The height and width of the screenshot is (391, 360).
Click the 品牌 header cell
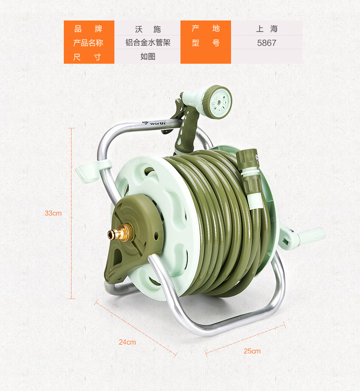[89, 28]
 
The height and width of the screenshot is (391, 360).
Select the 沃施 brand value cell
[148, 28]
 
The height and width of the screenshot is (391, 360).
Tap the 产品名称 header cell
[89, 43]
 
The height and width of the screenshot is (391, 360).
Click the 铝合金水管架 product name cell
[148, 42]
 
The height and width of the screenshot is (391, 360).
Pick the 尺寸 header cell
[89, 57]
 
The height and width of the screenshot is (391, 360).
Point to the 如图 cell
[148, 56]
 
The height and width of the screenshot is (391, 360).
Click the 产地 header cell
[206, 28]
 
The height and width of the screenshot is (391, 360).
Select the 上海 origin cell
[267, 28]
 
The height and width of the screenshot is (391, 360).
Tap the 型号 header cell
[206, 43]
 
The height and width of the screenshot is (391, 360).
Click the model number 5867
[267, 43]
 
